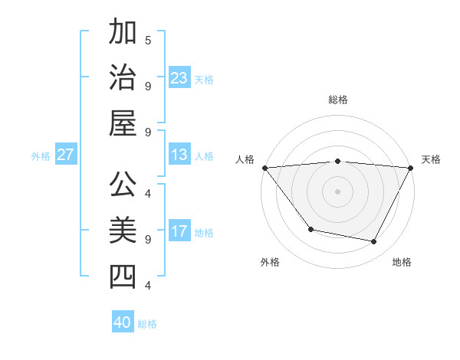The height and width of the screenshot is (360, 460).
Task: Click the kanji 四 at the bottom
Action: [x=123, y=276]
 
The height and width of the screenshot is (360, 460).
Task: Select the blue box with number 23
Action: [x=179, y=78]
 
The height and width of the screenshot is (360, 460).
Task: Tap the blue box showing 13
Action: [x=179, y=155]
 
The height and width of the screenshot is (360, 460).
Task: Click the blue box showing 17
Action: [x=179, y=231]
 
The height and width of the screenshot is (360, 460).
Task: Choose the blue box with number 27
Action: [x=66, y=155]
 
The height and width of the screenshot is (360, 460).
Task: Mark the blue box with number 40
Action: [x=123, y=322]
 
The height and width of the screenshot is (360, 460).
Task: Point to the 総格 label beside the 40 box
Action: [x=147, y=324]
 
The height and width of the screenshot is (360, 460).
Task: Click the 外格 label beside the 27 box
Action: [x=41, y=156]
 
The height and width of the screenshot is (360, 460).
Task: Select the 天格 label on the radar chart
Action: [x=431, y=159]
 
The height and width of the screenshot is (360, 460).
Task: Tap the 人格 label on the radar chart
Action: [x=245, y=159]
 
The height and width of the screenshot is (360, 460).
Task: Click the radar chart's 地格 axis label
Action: [x=402, y=262]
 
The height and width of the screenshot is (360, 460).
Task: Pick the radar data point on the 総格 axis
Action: [x=337, y=161]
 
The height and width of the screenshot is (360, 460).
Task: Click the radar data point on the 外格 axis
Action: [x=310, y=229]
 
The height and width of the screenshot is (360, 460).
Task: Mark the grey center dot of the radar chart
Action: [x=337, y=191]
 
